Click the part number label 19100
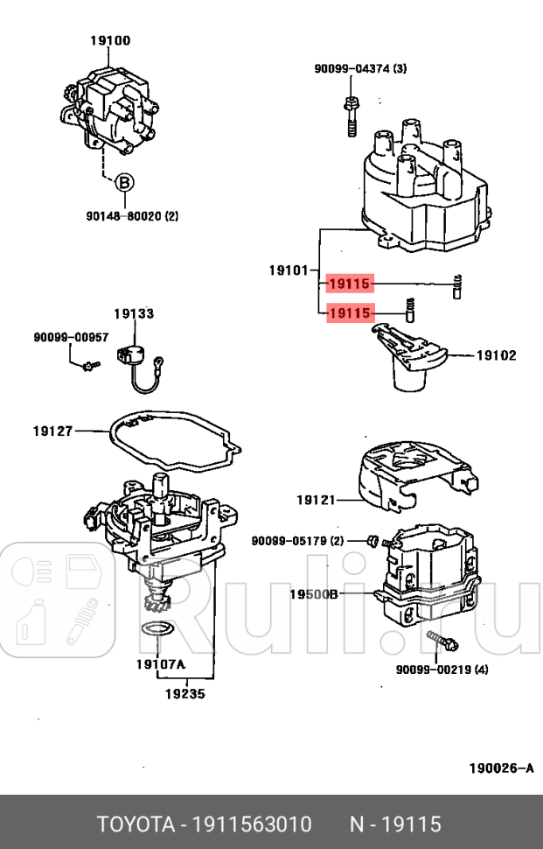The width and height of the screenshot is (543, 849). pos(110,40)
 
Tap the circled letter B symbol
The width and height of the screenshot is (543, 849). pos(125,182)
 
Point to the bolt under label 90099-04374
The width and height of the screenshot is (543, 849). pos(351,114)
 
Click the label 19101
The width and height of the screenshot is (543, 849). pos(288,271)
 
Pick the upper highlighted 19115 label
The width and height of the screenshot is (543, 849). pos(350,284)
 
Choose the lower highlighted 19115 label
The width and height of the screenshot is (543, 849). pos(350,312)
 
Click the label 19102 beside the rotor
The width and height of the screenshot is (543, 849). pos(496,355)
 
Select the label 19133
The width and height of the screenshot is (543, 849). pos(133,313)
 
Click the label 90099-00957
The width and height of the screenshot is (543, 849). pos(72,337)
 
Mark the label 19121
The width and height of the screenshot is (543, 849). pos(316,500)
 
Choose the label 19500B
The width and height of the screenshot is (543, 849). pos(314,593)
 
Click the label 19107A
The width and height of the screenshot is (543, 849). pos(160,663)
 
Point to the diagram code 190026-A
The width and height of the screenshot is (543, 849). pos(501,768)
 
